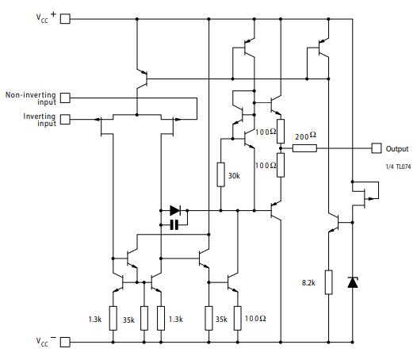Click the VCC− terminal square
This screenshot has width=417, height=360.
[x=65, y=342]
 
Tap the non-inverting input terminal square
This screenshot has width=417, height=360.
[x=65, y=98]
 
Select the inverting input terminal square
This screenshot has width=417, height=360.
[x=65, y=120]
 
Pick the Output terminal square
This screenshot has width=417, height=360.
[x=376, y=148]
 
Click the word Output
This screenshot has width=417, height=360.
[x=397, y=148]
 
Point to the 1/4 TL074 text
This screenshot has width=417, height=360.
[x=398, y=167]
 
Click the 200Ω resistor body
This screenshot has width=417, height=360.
[x=304, y=148]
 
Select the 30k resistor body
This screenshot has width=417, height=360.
[x=220, y=174]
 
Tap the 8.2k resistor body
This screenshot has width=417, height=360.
[x=328, y=281]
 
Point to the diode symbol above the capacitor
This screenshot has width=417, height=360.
[x=175, y=211]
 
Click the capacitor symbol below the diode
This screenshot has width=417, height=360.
[x=174, y=225]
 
